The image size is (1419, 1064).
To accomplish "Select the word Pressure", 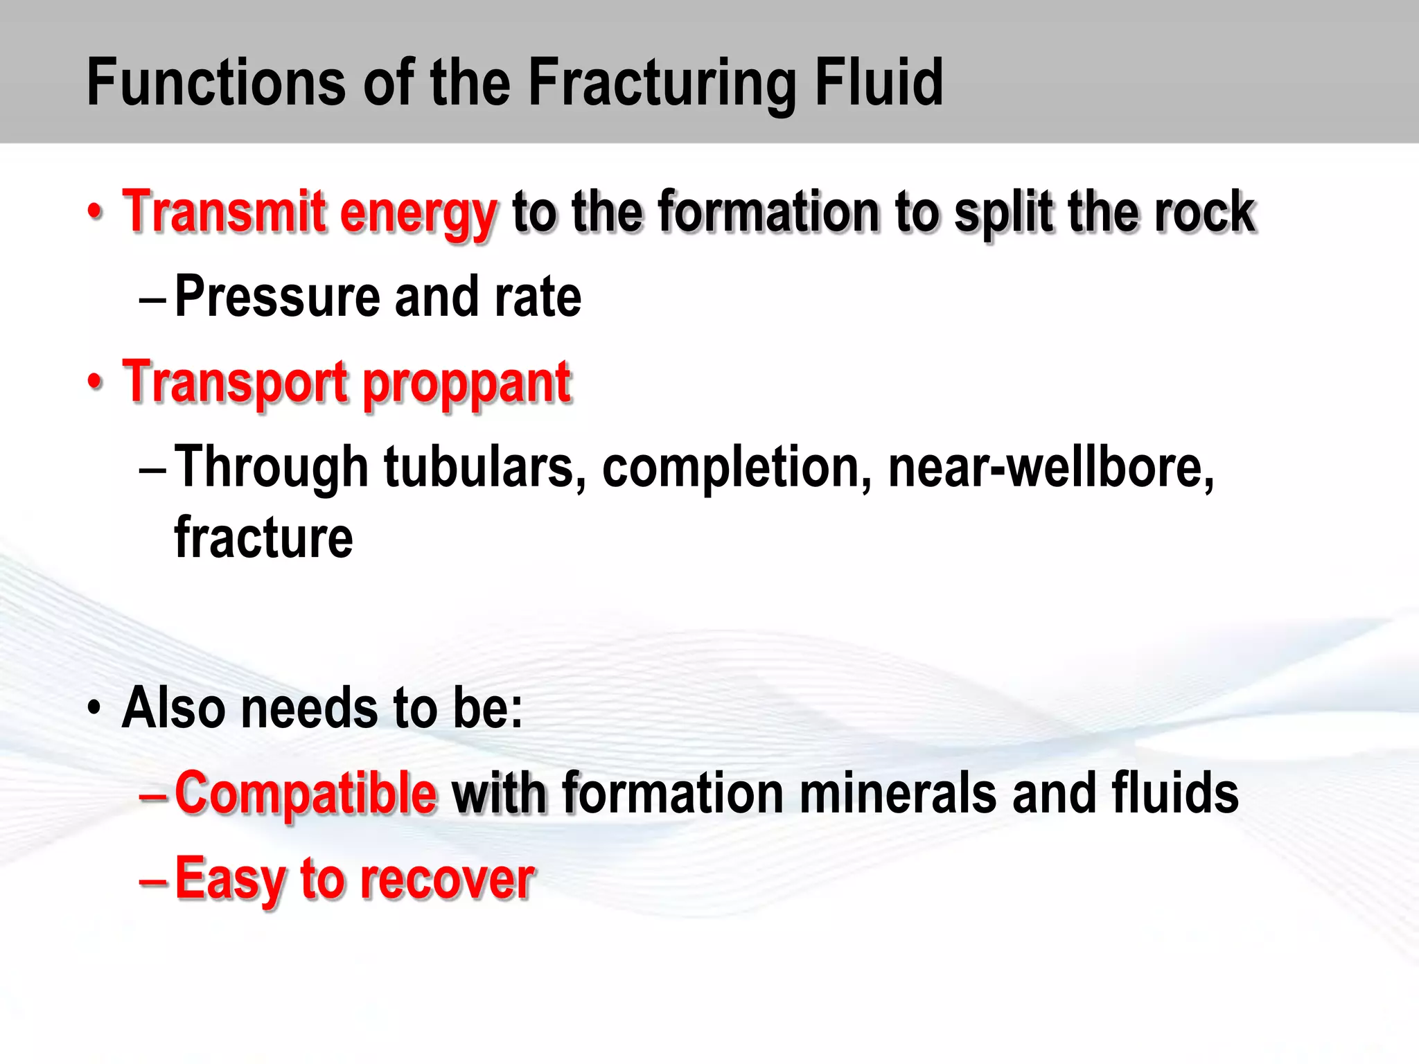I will click(x=277, y=296).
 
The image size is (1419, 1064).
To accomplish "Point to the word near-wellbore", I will click(x=1050, y=468).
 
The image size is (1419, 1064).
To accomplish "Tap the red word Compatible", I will click(x=306, y=793).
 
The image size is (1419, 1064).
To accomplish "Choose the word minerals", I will click(x=898, y=793).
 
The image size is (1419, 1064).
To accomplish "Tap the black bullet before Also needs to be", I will click(x=95, y=709).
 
